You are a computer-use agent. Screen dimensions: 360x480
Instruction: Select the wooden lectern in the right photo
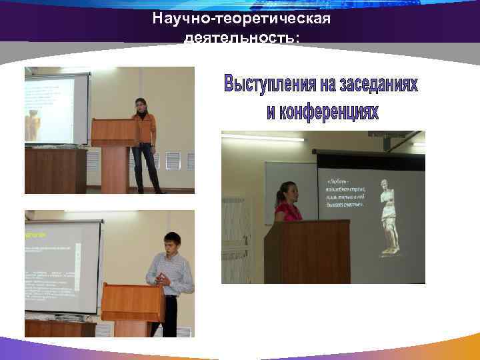click(x=307, y=250)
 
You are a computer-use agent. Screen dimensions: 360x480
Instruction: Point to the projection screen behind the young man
click(x=60, y=267)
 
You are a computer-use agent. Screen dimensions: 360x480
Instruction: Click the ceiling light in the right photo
click(x=263, y=138)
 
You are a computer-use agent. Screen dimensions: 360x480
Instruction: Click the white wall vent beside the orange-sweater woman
click(x=173, y=161)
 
